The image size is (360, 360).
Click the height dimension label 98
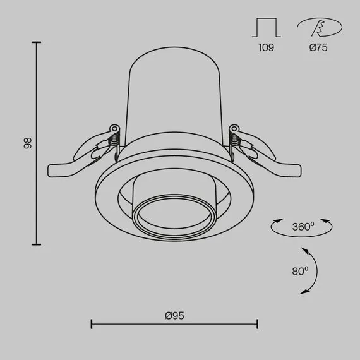point(27,143)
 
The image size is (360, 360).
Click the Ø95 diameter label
point(174,315)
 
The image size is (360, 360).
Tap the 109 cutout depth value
point(266,48)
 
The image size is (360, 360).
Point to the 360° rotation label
point(303,225)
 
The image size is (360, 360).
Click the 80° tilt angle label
point(300,271)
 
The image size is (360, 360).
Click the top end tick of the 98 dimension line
point(37,42)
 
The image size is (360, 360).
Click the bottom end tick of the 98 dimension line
point(37,244)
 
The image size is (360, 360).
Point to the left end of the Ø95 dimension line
point(92,325)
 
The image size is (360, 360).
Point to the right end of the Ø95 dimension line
point(257,325)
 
